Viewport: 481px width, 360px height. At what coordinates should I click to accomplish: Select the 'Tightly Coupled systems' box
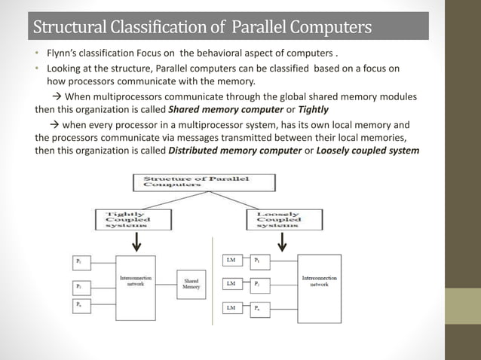(124, 219)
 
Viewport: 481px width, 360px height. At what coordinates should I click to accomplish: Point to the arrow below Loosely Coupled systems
(283, 243)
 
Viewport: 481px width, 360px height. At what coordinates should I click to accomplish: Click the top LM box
(231, 261)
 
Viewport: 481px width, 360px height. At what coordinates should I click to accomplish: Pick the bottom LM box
(231, 308)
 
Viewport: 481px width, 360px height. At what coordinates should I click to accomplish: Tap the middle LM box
(231, 284)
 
